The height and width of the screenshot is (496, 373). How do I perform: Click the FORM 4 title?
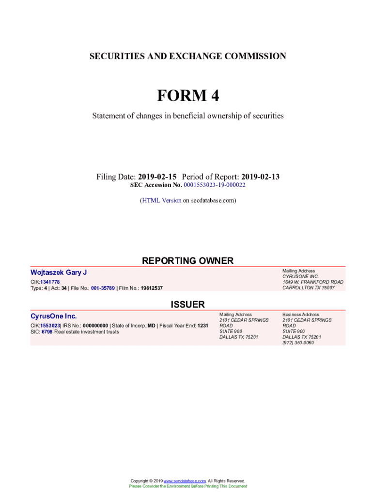[x=187, y=96]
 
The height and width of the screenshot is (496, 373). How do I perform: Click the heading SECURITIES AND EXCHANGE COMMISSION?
[x=187, y=56]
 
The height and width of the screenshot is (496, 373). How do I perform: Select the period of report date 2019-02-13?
[x=260, y=177]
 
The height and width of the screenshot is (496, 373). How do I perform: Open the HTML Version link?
[x=161, y=200]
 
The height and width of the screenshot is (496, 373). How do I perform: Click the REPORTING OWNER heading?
[x=187, y=261]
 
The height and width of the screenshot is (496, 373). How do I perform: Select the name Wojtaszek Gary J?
[x=59, y=273]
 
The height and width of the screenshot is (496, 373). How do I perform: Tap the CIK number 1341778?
[x=50, y=282]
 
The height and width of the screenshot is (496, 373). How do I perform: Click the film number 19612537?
[x=152, y=288]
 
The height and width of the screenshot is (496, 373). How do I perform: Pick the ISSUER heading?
[x=187, y=305]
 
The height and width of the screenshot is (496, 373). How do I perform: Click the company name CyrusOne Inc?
[x=53, y=316]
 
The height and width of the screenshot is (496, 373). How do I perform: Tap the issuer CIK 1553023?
[x=50, y=326]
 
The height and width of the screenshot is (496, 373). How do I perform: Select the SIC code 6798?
[x=47, y=332]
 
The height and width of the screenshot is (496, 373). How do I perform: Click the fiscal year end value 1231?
[x=203, y=326]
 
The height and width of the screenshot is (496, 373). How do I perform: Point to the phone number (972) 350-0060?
[x=298, y=342]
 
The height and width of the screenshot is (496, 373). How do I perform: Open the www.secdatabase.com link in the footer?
[x=185, y=481]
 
